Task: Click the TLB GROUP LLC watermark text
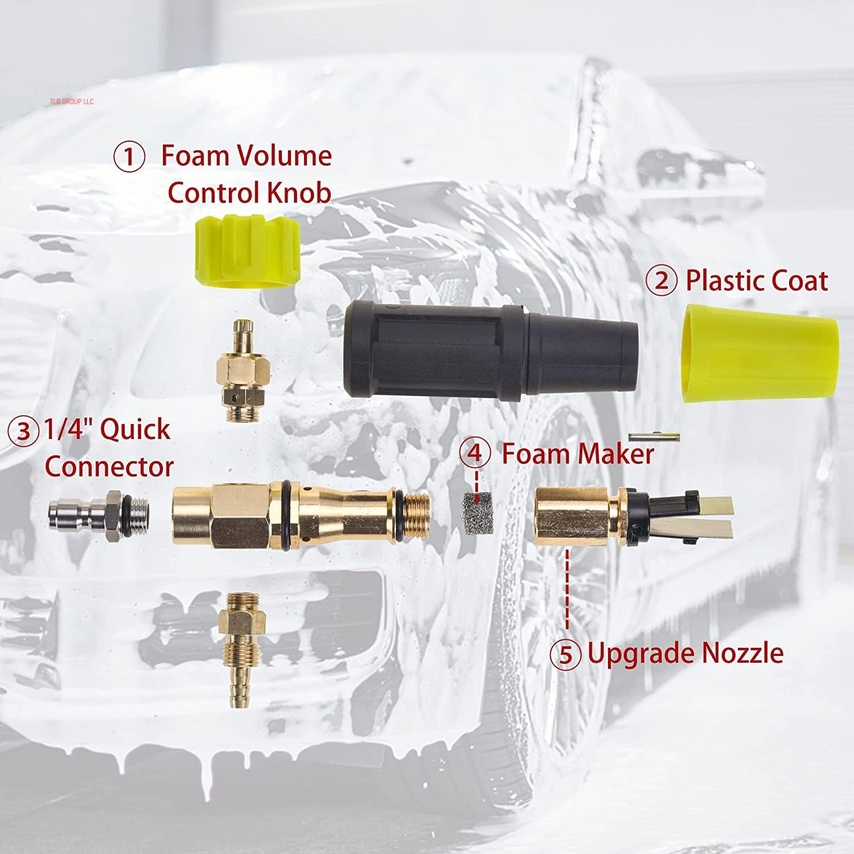pyautogui.click(x=71, y=101)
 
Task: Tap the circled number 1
pyautogui.click(x=129, y=157)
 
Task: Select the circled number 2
pyautogui.click(x=661, y=281)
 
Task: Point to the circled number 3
pyautogui.click(x=23, y=431)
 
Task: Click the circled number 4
pyautogui.click(x=475, y=453)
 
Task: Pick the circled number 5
pyautogui.click(x=565, y=654)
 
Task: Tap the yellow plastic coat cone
pyautogui.click(x=760, y=353)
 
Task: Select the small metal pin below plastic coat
pyautogui.click(x=654, y=437)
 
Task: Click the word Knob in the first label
pyautogui.click(x=298, y=192)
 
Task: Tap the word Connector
pyautogui.click(x=109, y=467)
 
